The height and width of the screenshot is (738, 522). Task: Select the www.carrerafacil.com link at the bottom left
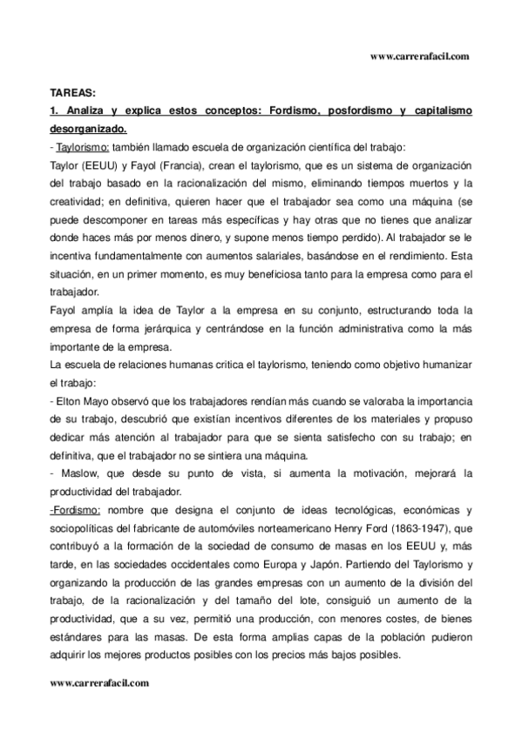(x=100, y=683)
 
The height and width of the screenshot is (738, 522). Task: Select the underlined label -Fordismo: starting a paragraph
(x=77, y=509)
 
